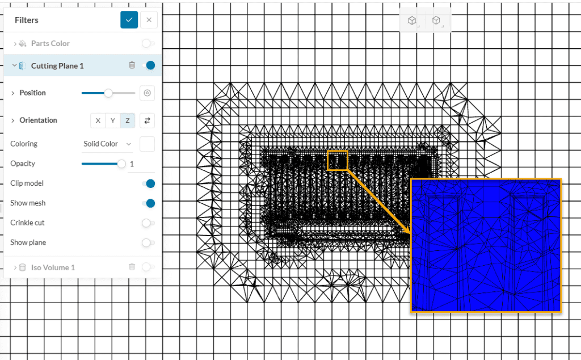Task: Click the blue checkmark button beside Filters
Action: pos(129,20)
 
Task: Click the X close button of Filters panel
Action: pos(149,20)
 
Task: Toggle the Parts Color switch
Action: pos(148,43)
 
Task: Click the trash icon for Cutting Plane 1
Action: pos(132,65)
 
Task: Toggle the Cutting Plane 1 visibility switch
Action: pos(149,65)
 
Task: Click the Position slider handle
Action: pos(108,93)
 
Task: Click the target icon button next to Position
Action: pos(147,93)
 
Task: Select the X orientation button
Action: pos(98,120)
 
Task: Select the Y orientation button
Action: pos(113,120)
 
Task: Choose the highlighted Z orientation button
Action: pos(128,120)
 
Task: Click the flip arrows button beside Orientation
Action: pos(147,120)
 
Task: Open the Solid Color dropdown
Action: pos(107,144)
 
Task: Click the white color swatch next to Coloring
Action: pos(147,144)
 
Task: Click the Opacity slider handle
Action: pos(121,164)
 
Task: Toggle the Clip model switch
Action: pos(149,183)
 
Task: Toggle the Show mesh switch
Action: pos(149,203)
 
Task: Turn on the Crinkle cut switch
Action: pos(148,223)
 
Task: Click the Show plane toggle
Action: pos(148,242)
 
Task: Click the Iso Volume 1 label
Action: pos(53,267)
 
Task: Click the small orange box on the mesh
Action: pos(337,160)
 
